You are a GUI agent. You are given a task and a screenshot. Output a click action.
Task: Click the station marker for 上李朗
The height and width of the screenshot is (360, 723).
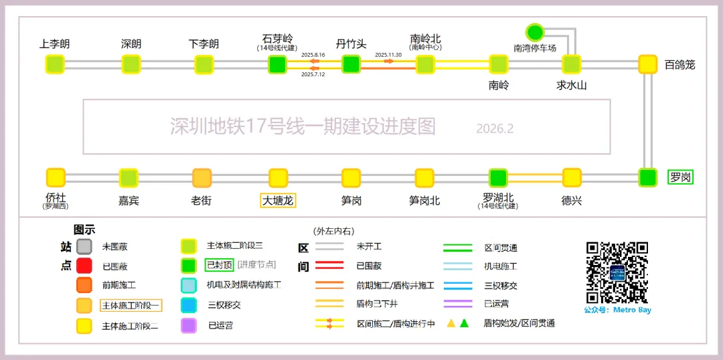coord(55,64)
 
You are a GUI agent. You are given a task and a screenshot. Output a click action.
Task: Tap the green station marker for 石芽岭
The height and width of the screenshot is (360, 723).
coord(277,64)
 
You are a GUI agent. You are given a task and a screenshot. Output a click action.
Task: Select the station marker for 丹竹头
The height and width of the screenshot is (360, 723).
coord(351,64)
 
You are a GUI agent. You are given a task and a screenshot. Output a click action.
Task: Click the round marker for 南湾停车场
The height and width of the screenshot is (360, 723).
coord(534,31)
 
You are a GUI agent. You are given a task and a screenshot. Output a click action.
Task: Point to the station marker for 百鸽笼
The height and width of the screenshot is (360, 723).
coord(647,64)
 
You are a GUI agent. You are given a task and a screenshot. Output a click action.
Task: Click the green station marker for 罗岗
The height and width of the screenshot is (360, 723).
coord(647,177)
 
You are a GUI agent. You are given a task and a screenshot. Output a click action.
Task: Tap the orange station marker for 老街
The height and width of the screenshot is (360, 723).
coord(202,177)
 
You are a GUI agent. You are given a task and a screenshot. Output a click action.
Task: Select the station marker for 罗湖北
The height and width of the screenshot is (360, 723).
coord(497,177)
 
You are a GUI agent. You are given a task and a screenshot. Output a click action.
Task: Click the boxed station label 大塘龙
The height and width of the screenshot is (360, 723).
coord(278,200)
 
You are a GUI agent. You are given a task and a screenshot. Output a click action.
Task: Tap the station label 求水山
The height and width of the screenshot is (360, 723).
coord(571,85)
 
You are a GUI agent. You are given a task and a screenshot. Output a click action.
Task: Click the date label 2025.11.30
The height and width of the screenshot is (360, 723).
coord(388,55)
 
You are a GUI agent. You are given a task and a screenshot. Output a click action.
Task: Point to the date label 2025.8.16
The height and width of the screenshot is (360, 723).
coord(313,55)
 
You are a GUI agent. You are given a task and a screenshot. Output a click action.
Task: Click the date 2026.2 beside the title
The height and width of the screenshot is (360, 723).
coord(495,128)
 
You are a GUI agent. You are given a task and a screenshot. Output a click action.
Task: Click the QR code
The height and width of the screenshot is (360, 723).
coord(617,272)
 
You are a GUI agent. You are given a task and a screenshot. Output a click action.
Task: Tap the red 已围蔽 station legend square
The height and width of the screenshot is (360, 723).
coord(84,266)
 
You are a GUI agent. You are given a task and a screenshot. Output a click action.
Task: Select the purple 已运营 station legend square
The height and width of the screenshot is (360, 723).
coord(189,326)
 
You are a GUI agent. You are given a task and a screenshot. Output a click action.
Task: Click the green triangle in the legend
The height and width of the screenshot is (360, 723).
coord(464,323)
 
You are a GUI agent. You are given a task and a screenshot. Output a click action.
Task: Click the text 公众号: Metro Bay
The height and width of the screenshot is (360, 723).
coord(617,310)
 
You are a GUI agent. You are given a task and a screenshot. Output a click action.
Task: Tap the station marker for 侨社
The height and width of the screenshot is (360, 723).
coord(56,177)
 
